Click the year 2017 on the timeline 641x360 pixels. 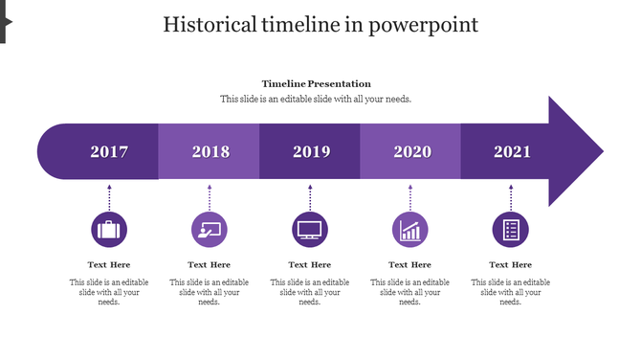tap(109, 152)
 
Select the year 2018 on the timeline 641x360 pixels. tap(210, 152)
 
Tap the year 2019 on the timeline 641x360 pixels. tap(311, 152)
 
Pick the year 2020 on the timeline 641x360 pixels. tap(411, 152)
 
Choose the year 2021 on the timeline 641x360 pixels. tap(512, 152)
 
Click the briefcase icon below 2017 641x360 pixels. tap(109, 230)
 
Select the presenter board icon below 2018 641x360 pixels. tap(210, 230)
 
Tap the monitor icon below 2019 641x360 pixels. tap(310, 230)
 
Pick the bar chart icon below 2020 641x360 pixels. tap(410, 230)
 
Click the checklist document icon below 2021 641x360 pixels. tap(511, 230)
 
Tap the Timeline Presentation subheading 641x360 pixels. tap(316, 84)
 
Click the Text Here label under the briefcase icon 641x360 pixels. tap(109, 265)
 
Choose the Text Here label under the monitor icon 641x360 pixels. tap(310, 265)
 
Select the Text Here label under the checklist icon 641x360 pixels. tap(511, 265)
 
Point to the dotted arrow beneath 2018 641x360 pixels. tap(210, 196)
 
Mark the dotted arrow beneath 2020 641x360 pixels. tap(410, 196)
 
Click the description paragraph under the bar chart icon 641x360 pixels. tap(410, 292)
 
